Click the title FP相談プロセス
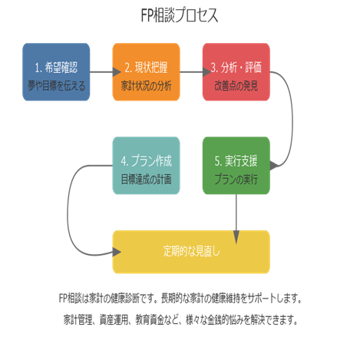click(x=180, y=15)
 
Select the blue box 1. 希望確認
click(x=56, y=72)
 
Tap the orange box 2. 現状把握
click(x=147, y=72)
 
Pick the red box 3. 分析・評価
click(x=236, y=72)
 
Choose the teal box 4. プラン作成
click(x=147, y=166)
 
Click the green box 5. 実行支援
click(x=236, y=166)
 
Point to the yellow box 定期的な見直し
click(x=191, y=252)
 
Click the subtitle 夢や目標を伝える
click(x=56, y=86)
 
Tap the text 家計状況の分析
click(x=147, y=86)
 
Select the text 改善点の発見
click(x=236, y=86)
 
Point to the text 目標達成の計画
click(x=147, y=180)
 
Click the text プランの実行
click(x=236, y=180)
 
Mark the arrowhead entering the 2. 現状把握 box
click(x=117, y=72)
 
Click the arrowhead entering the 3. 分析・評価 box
click(x=207, y=72)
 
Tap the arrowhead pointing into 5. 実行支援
click(x=274, y=166)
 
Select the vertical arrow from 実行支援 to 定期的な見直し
click(x=236, y=219)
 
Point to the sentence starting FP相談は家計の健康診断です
click(x=180, y=298)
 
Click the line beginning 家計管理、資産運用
click(x=180, y=319)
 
